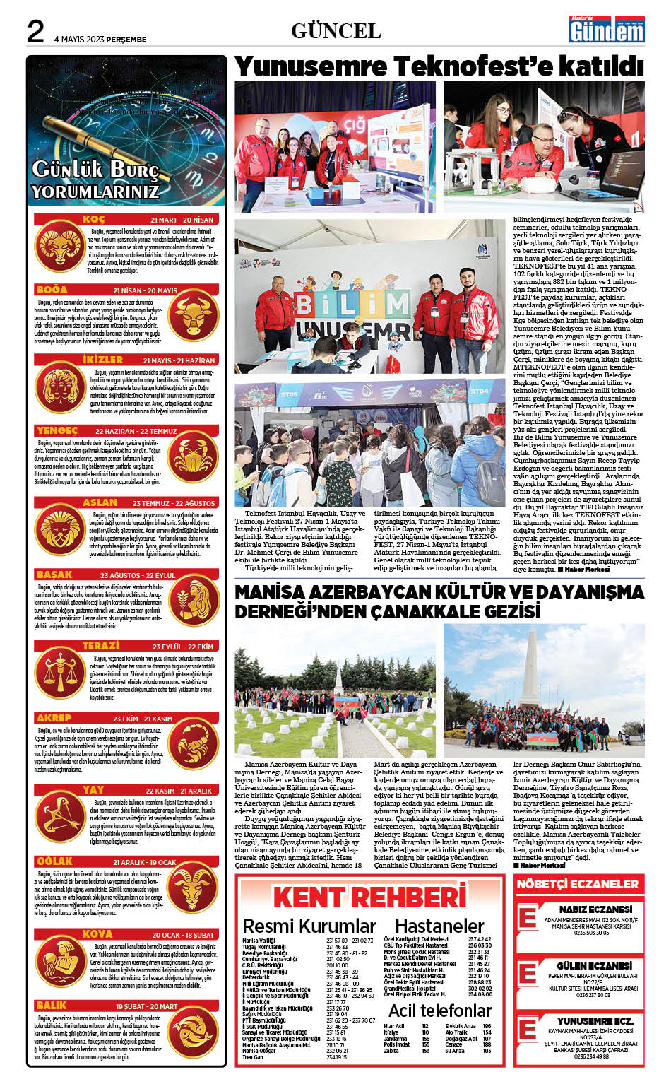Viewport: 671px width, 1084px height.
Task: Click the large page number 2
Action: tap(35, 32)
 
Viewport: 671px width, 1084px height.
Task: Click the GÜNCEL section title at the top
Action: tap(336, 31)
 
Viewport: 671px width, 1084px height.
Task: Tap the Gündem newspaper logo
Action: tap(607, 30)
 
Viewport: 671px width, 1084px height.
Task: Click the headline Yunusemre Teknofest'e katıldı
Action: tap(439, 67)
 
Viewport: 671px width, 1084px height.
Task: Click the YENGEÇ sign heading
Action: tap(57, 430)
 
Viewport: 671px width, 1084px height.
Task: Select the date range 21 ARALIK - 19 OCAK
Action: tap(145, 863)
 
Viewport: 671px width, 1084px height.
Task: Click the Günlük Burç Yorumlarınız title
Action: tap(96, 180)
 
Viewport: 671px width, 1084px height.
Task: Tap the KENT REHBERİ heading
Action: tap(370, 897)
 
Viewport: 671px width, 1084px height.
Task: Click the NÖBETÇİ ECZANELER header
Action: tap(577, 884)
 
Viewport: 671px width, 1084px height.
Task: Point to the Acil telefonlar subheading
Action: tap(439, 1011)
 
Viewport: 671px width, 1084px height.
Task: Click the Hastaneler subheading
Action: tap(439, 926)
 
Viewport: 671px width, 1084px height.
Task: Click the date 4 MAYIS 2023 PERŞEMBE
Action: tap(100, 40)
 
